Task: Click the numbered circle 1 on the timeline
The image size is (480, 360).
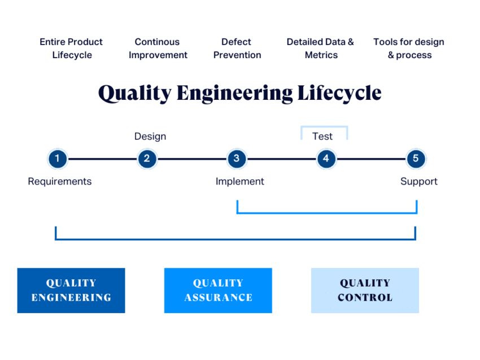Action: [x=57, y=159]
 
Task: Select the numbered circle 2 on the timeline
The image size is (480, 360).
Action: [x=147, y=159]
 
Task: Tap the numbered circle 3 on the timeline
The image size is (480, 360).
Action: [x=237, y=159]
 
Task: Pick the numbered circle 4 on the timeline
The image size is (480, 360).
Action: [x=326, y=159]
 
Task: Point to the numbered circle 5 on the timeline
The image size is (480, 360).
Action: [x=416, y=159]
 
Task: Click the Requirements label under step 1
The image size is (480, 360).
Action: [x=59, y=181]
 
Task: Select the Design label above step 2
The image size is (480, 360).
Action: [x=150, y=136]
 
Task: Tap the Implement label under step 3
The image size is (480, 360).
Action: [x=240, y=181]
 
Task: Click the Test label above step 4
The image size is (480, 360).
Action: [x=322, y=136]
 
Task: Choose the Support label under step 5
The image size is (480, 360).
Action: [x=419, y=181]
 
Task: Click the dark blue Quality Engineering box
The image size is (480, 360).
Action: [x=71, y=290]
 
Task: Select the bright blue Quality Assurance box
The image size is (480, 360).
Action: [x=218, y=290]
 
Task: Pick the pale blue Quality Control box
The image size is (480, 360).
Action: [x=365, y=290]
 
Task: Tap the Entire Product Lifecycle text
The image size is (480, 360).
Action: [x=71, y=49]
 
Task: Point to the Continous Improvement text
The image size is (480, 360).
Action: [x=158, y=49]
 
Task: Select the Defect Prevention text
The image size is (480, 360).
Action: [x=237, y=49]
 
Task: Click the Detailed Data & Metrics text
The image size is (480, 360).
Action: [x=320, y=49]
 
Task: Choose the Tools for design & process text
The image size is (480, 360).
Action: [x=409, y=49]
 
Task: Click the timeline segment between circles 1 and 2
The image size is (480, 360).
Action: [x=102, y=159]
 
